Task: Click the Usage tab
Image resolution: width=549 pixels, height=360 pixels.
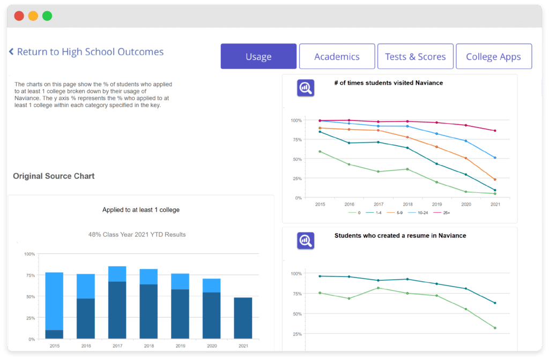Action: pos(258,56)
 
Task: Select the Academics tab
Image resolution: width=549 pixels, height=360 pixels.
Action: pos(337,56)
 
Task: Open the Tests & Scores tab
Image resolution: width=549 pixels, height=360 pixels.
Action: pos(416,56)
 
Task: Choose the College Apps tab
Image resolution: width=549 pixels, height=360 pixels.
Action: pos(494,56)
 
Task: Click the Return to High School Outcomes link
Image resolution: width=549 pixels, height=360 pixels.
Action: pos(86,52)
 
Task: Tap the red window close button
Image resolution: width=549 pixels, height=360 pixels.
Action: pos(19,16)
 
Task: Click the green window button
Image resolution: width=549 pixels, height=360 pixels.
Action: pos(47,16)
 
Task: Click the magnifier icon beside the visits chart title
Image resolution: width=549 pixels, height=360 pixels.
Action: pos(306,88)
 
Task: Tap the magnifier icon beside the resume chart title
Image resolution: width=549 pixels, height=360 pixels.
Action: pos(306,241)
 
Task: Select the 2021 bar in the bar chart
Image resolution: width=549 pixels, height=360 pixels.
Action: pos(243,318)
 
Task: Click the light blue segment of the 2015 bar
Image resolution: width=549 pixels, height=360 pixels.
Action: pos(54,301)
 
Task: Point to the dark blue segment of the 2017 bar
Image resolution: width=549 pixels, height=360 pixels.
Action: pos(117,310)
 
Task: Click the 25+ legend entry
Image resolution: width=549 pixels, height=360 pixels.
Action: pos(442,213)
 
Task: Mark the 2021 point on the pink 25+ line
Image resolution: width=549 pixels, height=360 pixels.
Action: pos(495,131)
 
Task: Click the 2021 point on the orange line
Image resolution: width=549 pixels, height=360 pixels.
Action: pos(495,179)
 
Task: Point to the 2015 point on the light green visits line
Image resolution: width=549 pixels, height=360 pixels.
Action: pos(320,152)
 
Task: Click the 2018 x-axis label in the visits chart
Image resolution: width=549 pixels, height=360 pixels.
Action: pos(407,204)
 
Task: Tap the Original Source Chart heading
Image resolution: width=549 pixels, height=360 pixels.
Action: pos(54,176)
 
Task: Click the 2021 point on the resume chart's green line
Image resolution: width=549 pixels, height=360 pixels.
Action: pos(495,328)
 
